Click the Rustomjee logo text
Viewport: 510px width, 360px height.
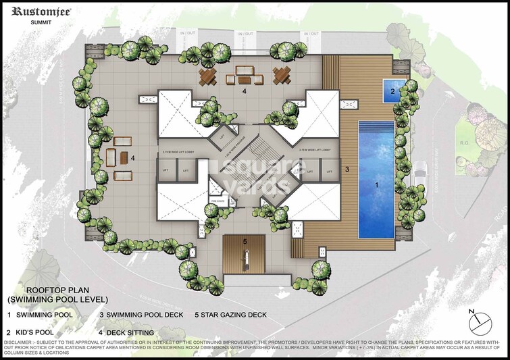(43, 11)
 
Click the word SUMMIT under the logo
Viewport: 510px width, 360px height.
(41, 22)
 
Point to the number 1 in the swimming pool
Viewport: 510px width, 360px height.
(378, 182)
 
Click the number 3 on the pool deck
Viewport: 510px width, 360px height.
(347, 169)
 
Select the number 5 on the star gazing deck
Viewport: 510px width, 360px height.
(245, 241)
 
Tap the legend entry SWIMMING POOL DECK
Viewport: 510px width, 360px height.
(150, 315)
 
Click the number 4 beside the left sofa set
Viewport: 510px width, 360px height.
(132, 159)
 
